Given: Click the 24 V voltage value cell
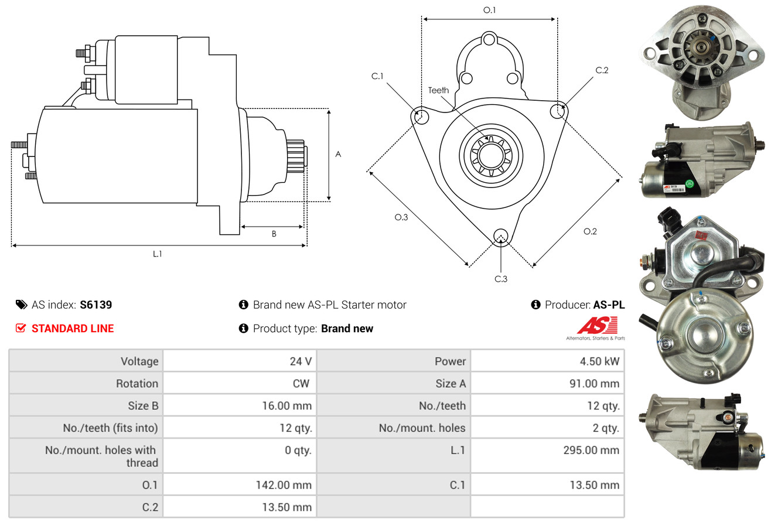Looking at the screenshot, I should point(301,361).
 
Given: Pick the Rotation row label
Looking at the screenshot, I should point(137,384).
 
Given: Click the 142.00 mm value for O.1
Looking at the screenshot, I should point(284,485).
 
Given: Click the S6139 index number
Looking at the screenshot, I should point(95,305).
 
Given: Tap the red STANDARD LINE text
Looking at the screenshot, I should point(73,329).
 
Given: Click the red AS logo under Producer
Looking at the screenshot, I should point(597,325).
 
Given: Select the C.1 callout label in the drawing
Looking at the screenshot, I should point(377,76).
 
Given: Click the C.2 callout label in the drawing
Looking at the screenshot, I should point(602,70).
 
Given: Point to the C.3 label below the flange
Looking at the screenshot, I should point(501,279).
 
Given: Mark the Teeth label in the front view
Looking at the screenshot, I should point(438,90).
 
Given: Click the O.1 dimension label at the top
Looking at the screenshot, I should point(489,10).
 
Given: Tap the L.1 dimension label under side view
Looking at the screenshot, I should point(157,254).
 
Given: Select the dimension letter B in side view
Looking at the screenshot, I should point(274,234).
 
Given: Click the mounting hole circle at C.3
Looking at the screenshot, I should point(501,235).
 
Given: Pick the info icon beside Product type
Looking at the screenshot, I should point(244,329).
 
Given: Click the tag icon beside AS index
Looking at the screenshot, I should point(21,305).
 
